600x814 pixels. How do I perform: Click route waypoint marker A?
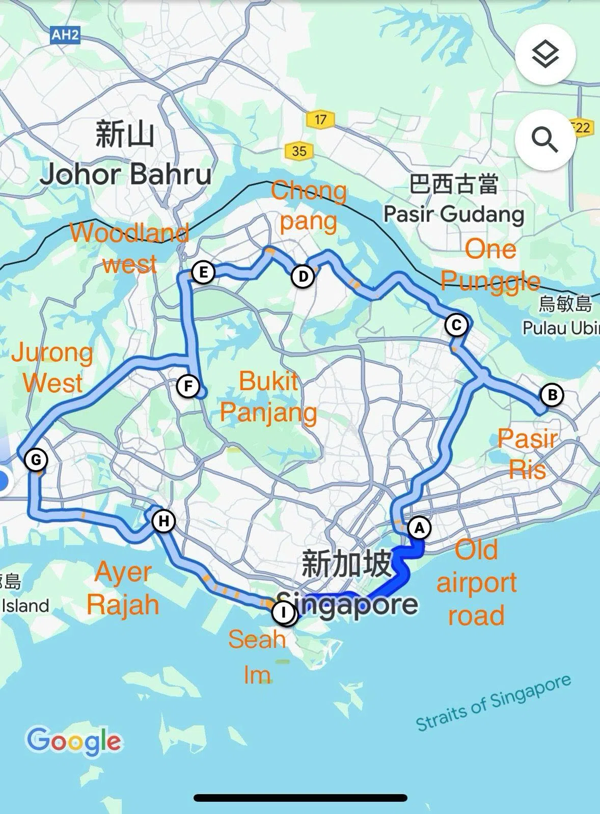coord(419,528)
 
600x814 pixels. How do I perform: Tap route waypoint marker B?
coord(551,395)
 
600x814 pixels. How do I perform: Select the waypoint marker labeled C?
coord(456,325)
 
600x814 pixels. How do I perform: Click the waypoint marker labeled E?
coord(203,272)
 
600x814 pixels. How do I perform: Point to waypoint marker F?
coord(188,386)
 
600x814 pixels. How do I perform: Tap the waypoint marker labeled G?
coord(36,460)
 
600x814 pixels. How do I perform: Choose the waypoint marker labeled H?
coord(163,521)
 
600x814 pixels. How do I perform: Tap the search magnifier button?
coord(545,140)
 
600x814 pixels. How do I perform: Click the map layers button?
coord(545,54)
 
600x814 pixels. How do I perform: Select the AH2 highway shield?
coord(66,35)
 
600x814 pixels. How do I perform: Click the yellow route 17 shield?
coord(320,120)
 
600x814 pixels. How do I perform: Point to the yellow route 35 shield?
coord(299,151)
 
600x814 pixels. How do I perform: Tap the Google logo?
coord(74,741)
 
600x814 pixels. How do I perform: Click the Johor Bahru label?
coord(126,175)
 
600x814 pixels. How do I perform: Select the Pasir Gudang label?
coord(453,214)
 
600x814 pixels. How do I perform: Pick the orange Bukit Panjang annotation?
coord(268,396)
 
